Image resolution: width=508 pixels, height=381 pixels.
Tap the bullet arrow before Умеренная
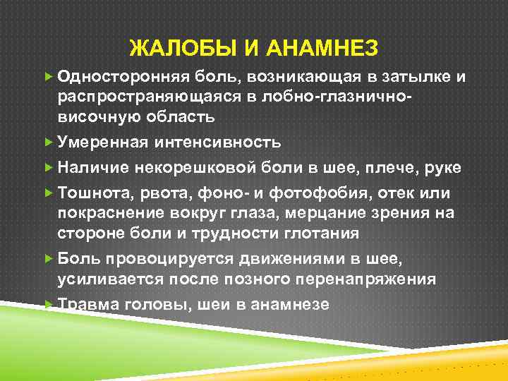tap(48, 143)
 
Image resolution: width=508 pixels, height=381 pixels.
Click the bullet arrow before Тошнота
tap(48, 193)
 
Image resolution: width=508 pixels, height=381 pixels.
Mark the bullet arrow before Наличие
tap(48, 168)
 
